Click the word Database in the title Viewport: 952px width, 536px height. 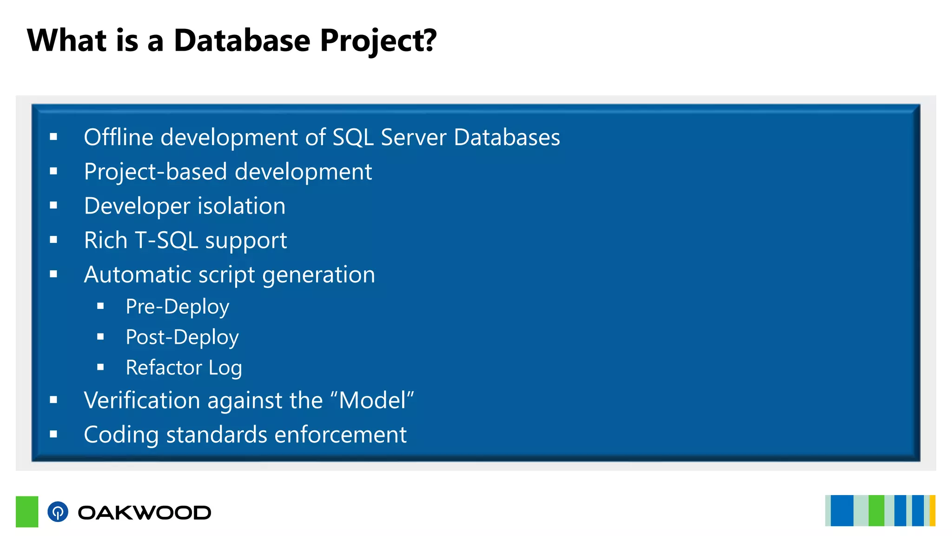click(x=242, y=40)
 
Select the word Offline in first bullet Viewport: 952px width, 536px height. click(x=119, y=137)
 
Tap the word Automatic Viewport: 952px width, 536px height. click(x=137, y=275)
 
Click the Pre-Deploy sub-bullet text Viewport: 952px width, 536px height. click(x=177, y=307)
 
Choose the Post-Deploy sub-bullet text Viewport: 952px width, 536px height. click(x=182, y=337)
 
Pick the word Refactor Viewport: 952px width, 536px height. click(x=164, y=368)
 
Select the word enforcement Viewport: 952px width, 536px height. click(x=340, y=435)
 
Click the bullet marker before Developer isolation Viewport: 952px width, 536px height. click(x=53, y=205)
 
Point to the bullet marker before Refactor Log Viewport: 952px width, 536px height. click(x=100, y=367)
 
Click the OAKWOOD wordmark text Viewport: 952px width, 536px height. click(x=145, y=513)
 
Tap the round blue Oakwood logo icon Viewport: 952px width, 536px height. click(x=58, y=512)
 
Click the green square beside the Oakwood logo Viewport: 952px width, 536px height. click(x=27, y=512)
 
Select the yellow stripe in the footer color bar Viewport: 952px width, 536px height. click(x=932, y=511)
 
